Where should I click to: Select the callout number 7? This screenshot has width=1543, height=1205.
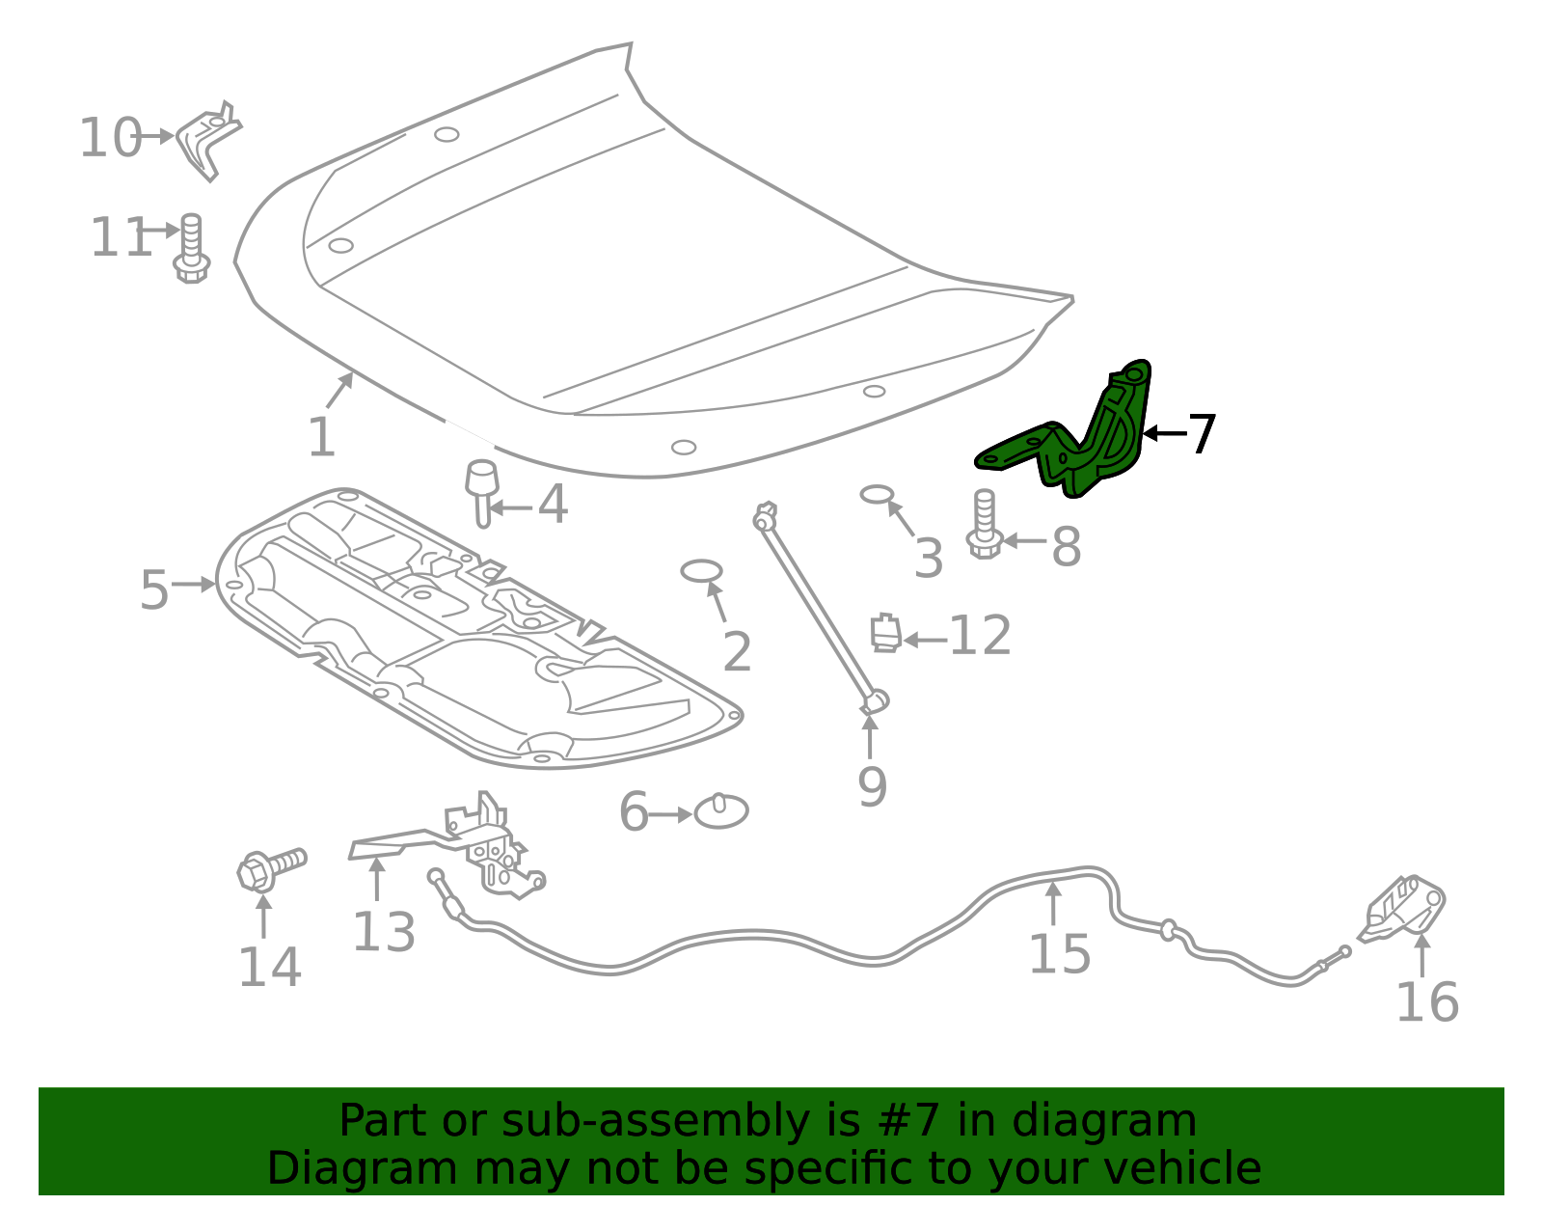(x=1202, y=434)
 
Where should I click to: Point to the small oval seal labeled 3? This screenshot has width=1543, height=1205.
(x=877, y=495)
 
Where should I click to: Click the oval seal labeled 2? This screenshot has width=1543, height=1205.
(x=701, y=570)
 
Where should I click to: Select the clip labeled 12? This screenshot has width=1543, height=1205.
(x=885, y=633)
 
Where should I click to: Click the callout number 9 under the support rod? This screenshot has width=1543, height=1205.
(x=872, y=787)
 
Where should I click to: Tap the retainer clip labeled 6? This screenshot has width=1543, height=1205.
(x=721, y=811)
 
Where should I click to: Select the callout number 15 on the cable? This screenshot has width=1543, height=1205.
(x=1059, y=954)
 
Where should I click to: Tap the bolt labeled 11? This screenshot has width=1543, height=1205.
(x=191, y=249)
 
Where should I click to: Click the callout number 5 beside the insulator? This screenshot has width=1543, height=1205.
(x=154, y=589)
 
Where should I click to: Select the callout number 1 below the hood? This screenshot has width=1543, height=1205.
(x=321, y=437)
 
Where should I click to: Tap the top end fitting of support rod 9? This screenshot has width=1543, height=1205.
(x=766, y=515)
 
